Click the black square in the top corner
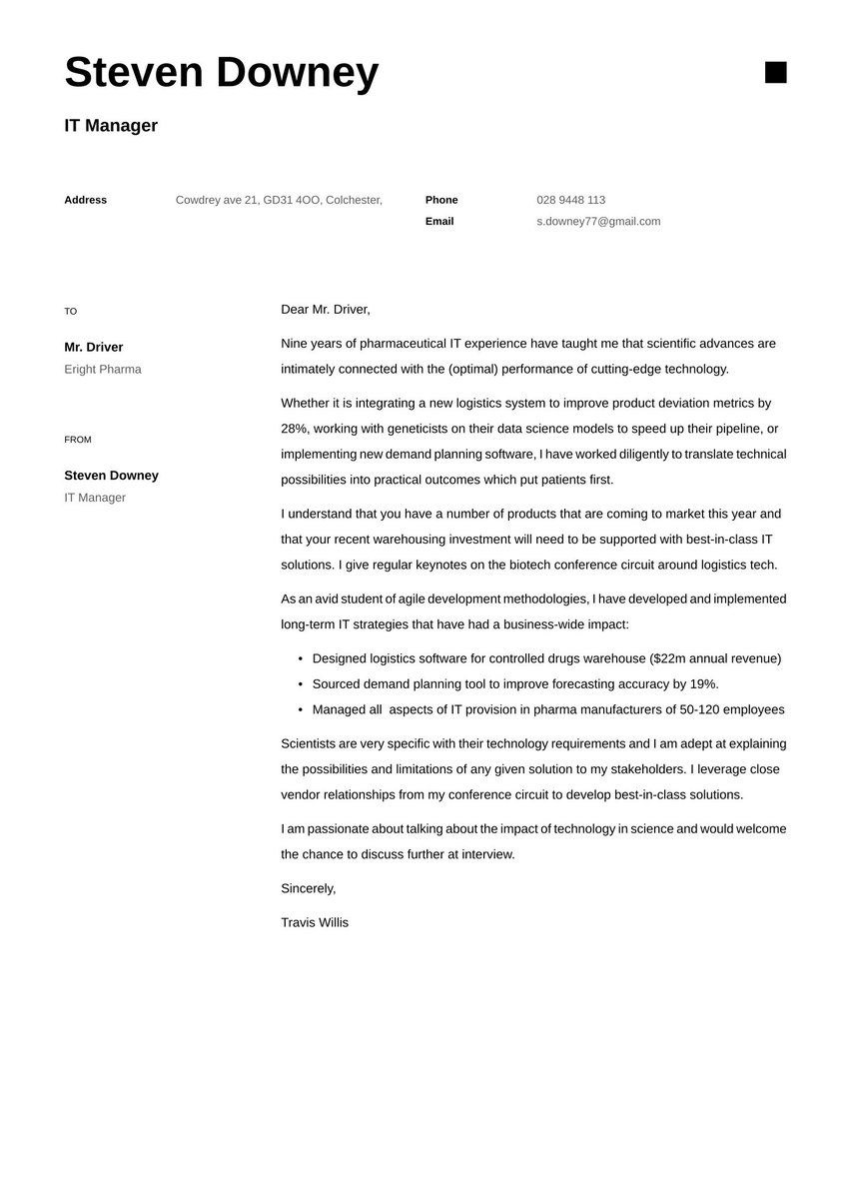pyautogui.click(x=775, y=72)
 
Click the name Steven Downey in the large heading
pyautogui.click(x=221, y=73)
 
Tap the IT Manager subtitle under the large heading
pyautogui.click(x=111, y=126)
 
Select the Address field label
pyautogui.click(x=85, y=200)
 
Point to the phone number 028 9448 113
pyautogui.click(x=570, y=200)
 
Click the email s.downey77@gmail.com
pyautogui.click(x=598, y=222)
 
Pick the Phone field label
pyautogui.click(x=441, y=200)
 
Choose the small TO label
pyautogui.click(x=70, y=312)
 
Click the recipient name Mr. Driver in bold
pyautogui.click(x=93, y=348)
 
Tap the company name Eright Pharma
pyautogui.click(x=102, y=370)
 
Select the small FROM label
pyautogui.click(x=77, y=440)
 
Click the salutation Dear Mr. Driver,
pyautogui.click(x=325, y=310)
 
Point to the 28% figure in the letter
pyautogui.click(x=295, y=429)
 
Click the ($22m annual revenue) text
pyautogui.click(x=715, y=659)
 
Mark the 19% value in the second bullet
pyautogui.click(x=703, y=684)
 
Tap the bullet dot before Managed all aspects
pyautogui.click(x=300, y=710)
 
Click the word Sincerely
pyautogui.click(x=308, y=889)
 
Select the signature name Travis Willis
pyautogui.click(x=315, y=923)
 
